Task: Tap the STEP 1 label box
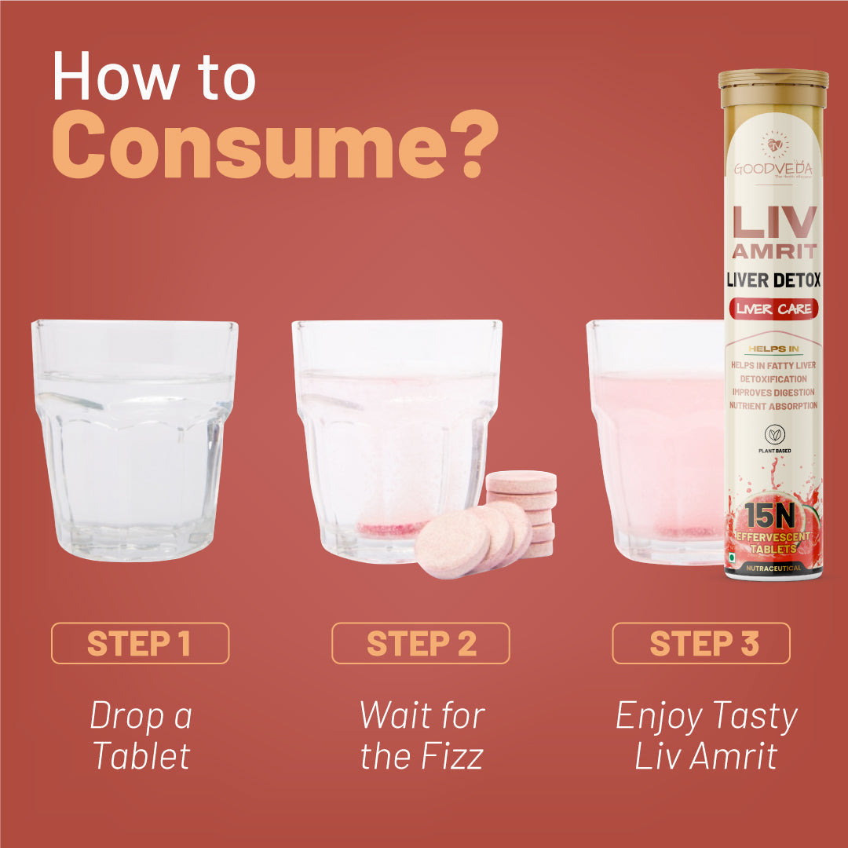tap(140, 643)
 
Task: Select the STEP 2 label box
tap(420, 643)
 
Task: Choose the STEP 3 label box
tap(700, 643)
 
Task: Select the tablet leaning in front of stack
tap(452, 543)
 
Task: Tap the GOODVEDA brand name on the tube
tap(773, 169)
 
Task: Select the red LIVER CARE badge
tap(773, 309)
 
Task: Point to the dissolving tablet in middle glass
tap(393, 529)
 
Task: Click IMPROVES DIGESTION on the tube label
tap(773, 392)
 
